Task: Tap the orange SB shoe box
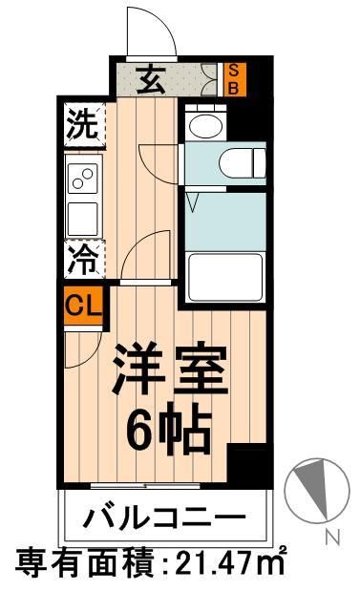click(233, 78)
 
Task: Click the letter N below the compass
click(331, 536)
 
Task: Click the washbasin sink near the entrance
click(202, 124)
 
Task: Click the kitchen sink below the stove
click(82, 216)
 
